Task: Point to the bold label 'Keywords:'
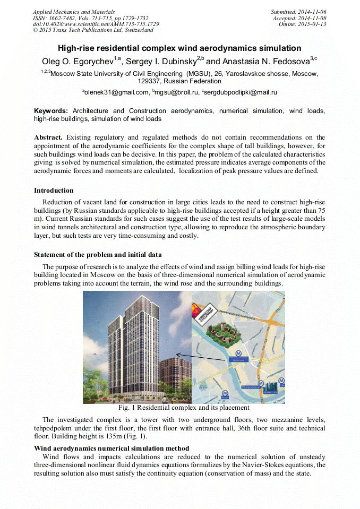(51, 111)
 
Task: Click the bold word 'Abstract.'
(48, 137)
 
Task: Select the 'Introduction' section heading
(54, 191)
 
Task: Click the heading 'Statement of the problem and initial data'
(98, 255)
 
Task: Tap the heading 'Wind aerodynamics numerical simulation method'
(111, 448)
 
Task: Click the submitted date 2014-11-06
(312, 11)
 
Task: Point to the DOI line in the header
(96, 24)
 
